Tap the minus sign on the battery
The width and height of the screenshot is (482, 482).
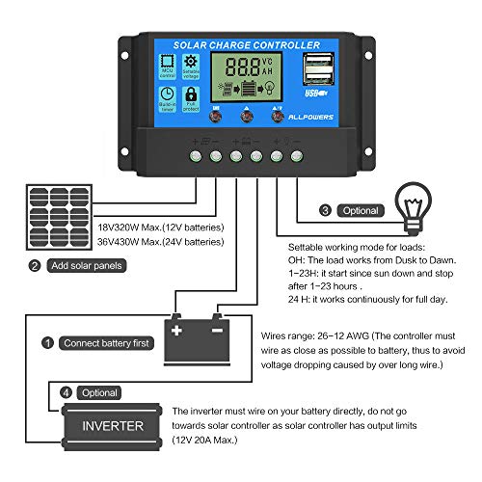[x=217, y=330]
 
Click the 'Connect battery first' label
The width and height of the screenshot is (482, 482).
[x=104, y=342]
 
